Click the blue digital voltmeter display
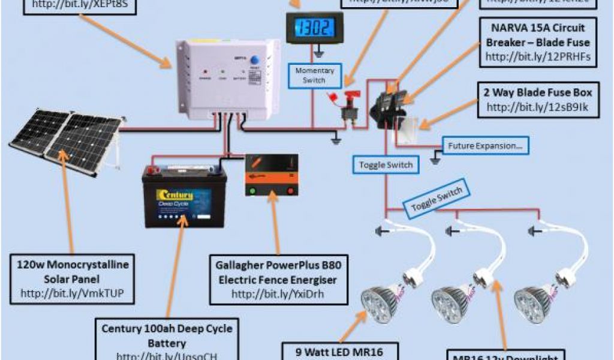pos(306,28)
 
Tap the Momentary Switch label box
pos(315,76)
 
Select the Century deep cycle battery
pos(183,197)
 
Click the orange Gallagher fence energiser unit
pos(272,175)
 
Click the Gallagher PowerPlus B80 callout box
pos(279,279)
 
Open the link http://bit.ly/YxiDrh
pos(279,294)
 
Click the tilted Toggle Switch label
pos(437,199)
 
